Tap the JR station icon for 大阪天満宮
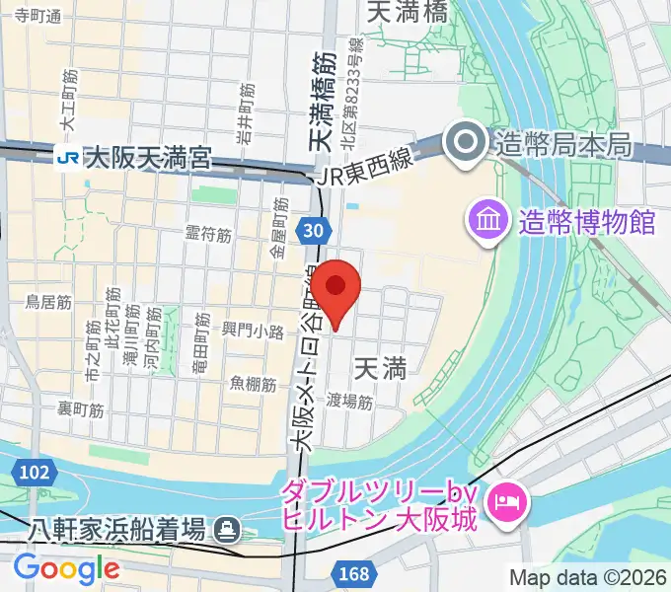point(69,157)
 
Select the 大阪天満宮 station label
point(148,157)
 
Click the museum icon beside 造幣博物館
point(490,219)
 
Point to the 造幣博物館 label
point(586,220)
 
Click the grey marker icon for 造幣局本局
point(463,145)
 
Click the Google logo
point(66,569)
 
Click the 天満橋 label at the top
point(407,12)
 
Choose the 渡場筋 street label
point(349,402)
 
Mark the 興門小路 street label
point(253,331)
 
